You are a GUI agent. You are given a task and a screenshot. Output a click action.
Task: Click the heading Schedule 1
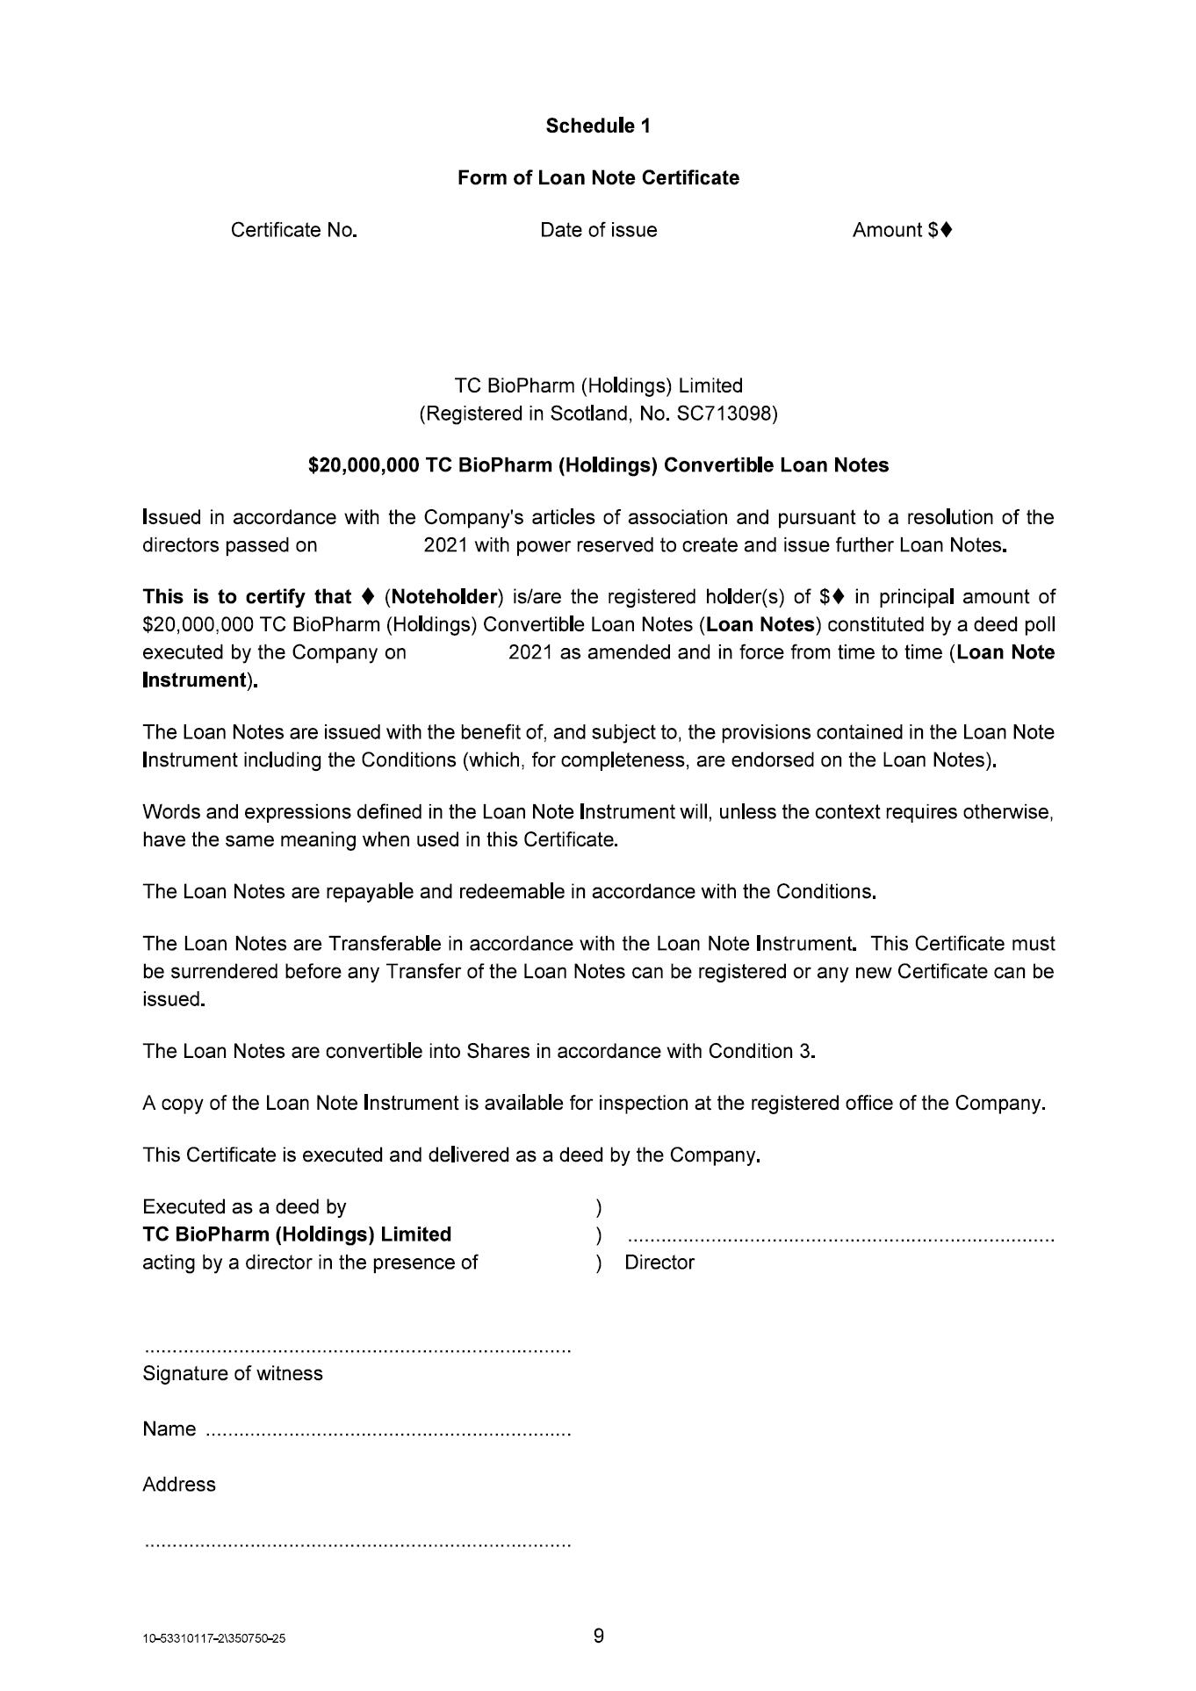point(598,126)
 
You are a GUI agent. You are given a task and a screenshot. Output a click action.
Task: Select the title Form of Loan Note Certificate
point(598,177)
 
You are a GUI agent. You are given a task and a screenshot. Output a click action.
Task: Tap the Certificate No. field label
point(293,230)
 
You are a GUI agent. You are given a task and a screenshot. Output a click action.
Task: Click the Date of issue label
point(598,230)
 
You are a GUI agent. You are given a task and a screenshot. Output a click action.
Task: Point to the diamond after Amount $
point(945,230)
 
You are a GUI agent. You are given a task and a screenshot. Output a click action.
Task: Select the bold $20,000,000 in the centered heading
point(364,465)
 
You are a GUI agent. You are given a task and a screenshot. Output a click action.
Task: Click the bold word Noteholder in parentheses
point(444,597)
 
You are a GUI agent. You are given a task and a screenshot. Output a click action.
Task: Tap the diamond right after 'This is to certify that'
point(368,597)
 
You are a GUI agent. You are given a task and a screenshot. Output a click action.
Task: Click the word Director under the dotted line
point(659,1263)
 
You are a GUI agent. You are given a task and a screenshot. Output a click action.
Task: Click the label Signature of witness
point(233,1373)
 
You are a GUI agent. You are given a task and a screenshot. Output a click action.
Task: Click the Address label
point(179,1485)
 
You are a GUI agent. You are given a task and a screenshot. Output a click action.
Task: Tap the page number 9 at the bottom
point(599,1636)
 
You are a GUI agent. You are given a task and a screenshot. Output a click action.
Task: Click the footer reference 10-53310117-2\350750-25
point(213,1639)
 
